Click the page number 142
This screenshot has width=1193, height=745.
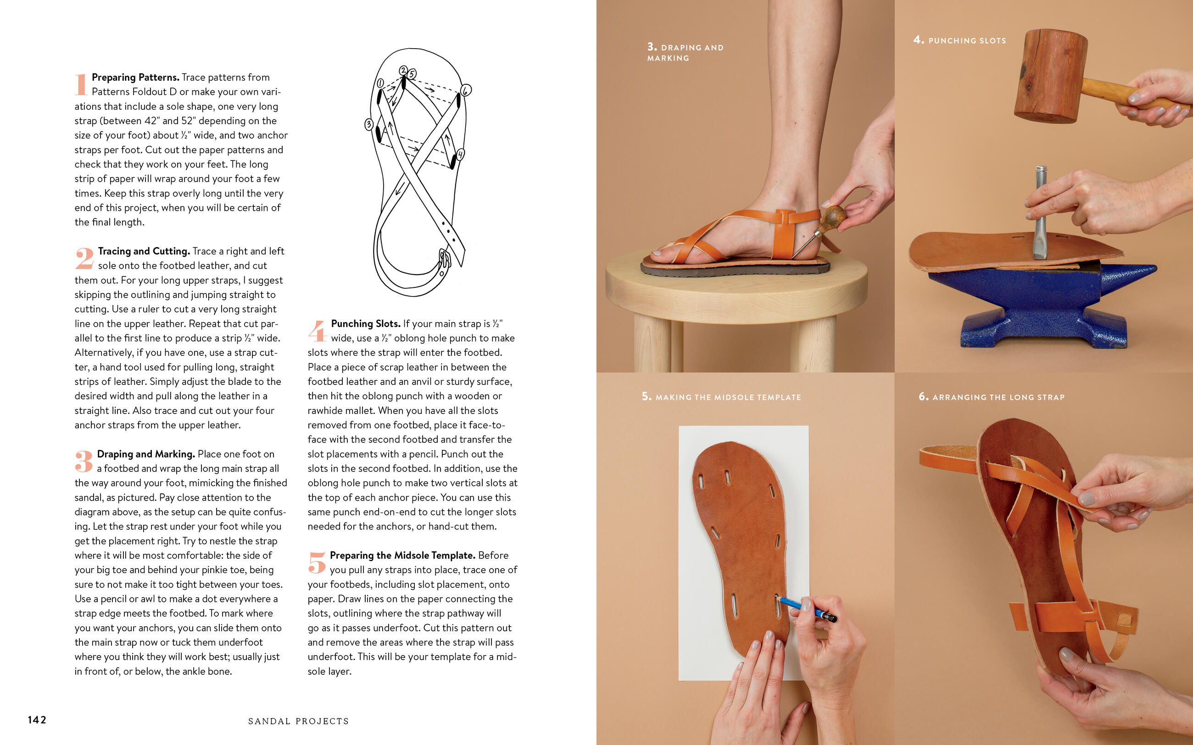[37, 720]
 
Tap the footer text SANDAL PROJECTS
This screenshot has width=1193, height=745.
[298, 721]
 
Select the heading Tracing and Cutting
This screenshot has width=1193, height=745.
[144, 251]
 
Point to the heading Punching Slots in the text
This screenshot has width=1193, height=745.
[365, 323]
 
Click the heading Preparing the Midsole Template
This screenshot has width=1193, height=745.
[403, 555]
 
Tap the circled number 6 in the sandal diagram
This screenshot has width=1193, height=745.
[466, 90]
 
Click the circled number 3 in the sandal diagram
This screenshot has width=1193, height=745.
[369, 124]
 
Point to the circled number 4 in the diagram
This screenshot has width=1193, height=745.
[460, 154]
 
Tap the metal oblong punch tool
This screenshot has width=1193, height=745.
[1040, 212]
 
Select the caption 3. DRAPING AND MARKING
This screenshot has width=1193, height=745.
[685, 52]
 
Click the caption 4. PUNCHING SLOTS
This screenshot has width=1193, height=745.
[959, 40]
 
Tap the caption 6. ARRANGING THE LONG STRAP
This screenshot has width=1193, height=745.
[992, 397]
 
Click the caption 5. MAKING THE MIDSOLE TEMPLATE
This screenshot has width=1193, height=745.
[721, 397]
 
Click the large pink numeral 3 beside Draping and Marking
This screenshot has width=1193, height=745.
[84, 462]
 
